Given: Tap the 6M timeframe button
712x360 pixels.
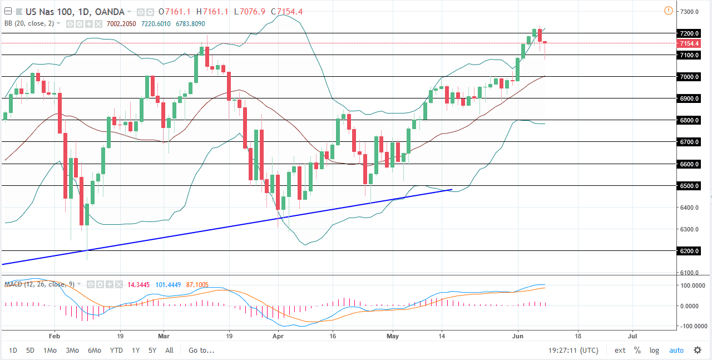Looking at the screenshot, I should click(x=95, y=351).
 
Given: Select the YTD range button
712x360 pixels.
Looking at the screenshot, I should click(x=116, y=351).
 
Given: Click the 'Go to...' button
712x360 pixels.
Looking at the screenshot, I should click(x=201, y=351).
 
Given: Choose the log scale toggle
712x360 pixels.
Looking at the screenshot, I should click(x=654, y=351).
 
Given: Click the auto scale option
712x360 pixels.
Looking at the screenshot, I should click(x=676, y=351).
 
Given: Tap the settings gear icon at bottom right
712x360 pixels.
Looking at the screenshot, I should click(x=698, y=351).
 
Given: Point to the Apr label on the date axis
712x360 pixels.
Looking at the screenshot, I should click(x=278, y=336).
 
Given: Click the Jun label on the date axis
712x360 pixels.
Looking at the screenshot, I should click(x=517, y=336).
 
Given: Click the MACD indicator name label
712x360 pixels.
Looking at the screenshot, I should click(x=14, y=284).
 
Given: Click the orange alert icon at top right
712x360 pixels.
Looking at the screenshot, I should click(x=668, y=11).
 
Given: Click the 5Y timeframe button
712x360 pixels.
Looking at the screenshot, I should click(x=152, y=351).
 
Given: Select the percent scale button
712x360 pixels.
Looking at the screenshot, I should click(x=637, y=351).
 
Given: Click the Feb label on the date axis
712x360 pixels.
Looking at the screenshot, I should click(x=53, y=336).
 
